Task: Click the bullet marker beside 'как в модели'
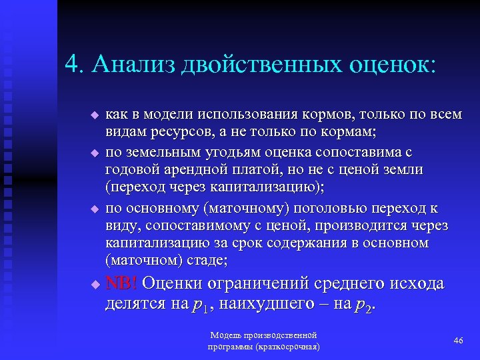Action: (x=94, y=116)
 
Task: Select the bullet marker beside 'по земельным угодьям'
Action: (x=94, y=153)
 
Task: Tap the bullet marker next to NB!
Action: (x=94, y=285)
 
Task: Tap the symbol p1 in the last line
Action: (x=198, y=306)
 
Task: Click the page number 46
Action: (x=458, y=341)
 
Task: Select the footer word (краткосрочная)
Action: (x=286, y=347)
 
